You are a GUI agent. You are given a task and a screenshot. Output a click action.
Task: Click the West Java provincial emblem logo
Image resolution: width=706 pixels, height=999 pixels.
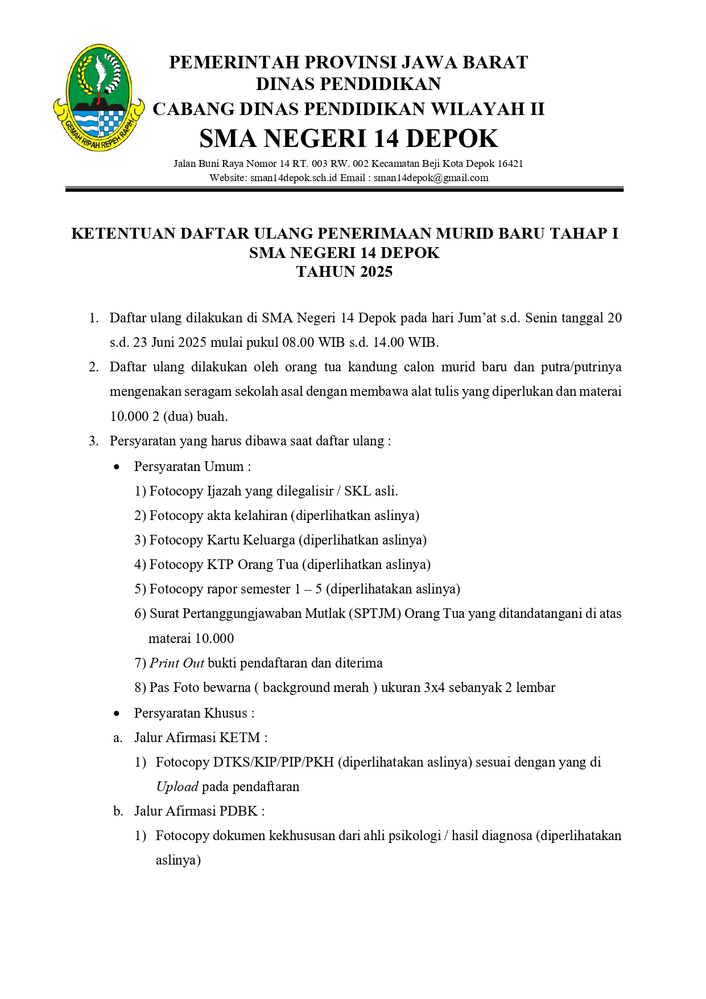(x=98, y=98)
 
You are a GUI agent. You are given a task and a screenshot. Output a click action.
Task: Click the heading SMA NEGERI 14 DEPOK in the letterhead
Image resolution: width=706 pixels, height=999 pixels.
(x=348, y=138)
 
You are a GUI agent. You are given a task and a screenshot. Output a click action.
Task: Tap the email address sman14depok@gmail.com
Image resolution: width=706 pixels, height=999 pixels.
(x=431, y=178)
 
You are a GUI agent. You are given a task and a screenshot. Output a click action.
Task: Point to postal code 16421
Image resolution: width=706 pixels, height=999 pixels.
(x=510, y=164)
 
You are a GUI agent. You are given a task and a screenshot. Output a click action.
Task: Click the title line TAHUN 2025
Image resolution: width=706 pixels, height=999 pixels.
(x=344, y=272)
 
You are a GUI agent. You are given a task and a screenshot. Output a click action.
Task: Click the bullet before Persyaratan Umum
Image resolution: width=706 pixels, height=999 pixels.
(x=117, y=467)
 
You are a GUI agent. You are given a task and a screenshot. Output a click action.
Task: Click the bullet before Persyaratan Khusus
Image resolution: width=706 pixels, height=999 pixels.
(x=117, y=714)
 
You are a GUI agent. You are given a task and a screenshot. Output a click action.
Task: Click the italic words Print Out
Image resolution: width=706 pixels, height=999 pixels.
(x=176, y=663)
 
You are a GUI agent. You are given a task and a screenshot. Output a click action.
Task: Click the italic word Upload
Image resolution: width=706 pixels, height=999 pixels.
(x=177, y=787)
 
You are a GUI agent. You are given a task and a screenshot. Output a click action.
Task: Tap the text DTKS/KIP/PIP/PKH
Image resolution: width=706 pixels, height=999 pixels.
(x=273, y=762)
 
